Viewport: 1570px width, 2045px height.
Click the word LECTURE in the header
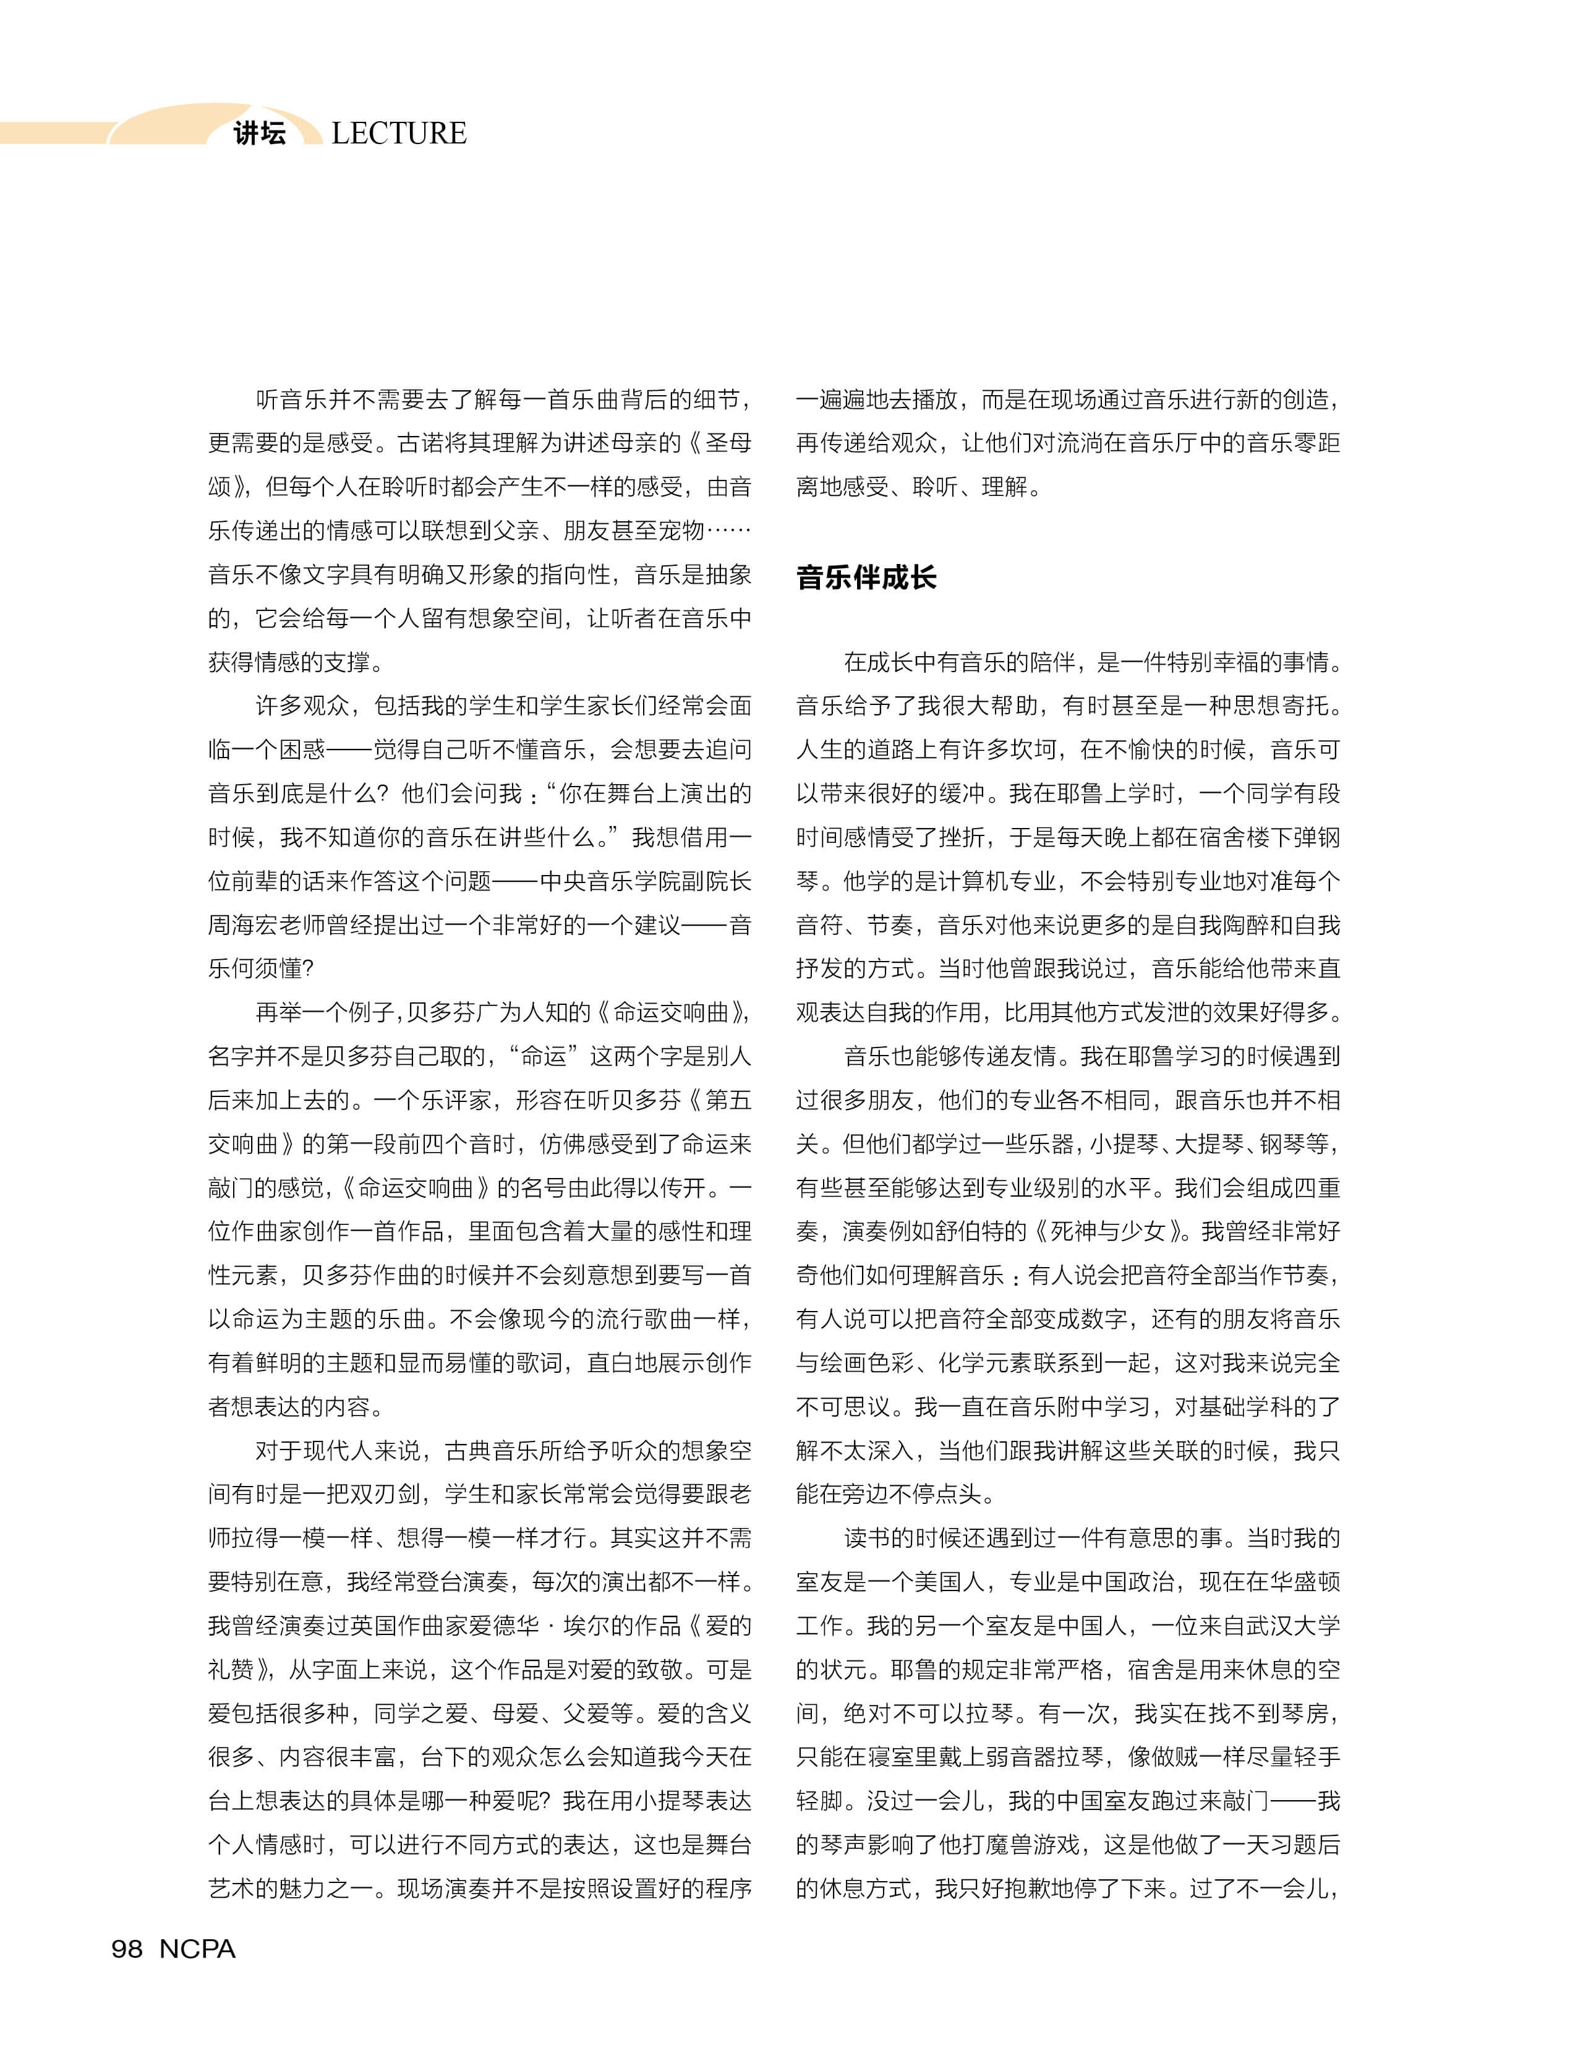point(399,134)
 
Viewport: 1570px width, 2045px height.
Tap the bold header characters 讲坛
point(260,134)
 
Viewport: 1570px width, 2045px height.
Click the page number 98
point(127,1949)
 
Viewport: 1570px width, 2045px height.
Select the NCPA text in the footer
point(197,1949)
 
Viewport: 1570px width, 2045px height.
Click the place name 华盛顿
point(1305,1582)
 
